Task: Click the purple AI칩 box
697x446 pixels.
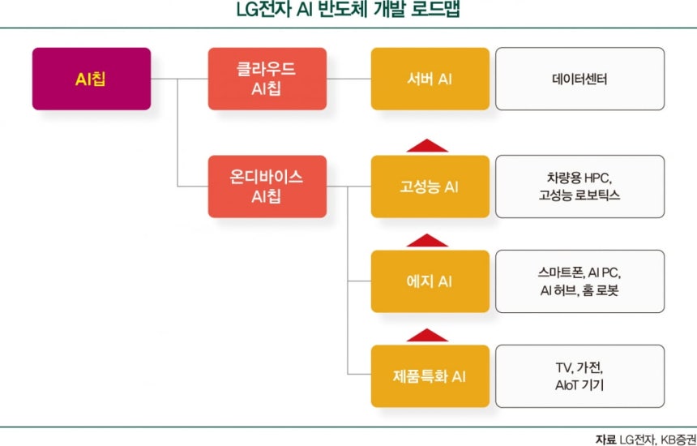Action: coord(92,79)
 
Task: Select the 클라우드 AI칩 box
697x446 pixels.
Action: coord(267,79)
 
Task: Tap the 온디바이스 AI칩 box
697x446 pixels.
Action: coord(267,187)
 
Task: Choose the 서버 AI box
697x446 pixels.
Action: coord(430,79)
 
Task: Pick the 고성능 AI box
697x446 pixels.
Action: coord(430,187)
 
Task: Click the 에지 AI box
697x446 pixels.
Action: coord(430,281)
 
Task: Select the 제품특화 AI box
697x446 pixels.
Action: coord(430,376)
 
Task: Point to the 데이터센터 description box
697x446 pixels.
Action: coord(580,79)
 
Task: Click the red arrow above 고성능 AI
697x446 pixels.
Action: coord(427,146)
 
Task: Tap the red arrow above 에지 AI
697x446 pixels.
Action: coord(427,241)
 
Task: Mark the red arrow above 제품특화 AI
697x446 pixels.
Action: coord(427,336)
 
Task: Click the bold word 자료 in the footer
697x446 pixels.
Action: coord(605,440)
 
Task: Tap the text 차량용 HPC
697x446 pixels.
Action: coord(579,178)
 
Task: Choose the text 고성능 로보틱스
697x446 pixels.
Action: coord(579,195)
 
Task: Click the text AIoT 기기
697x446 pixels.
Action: coord(579,385)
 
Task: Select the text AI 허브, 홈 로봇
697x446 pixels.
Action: coord(579,290)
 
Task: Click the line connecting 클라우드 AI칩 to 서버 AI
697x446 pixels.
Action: coord(349,79)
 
